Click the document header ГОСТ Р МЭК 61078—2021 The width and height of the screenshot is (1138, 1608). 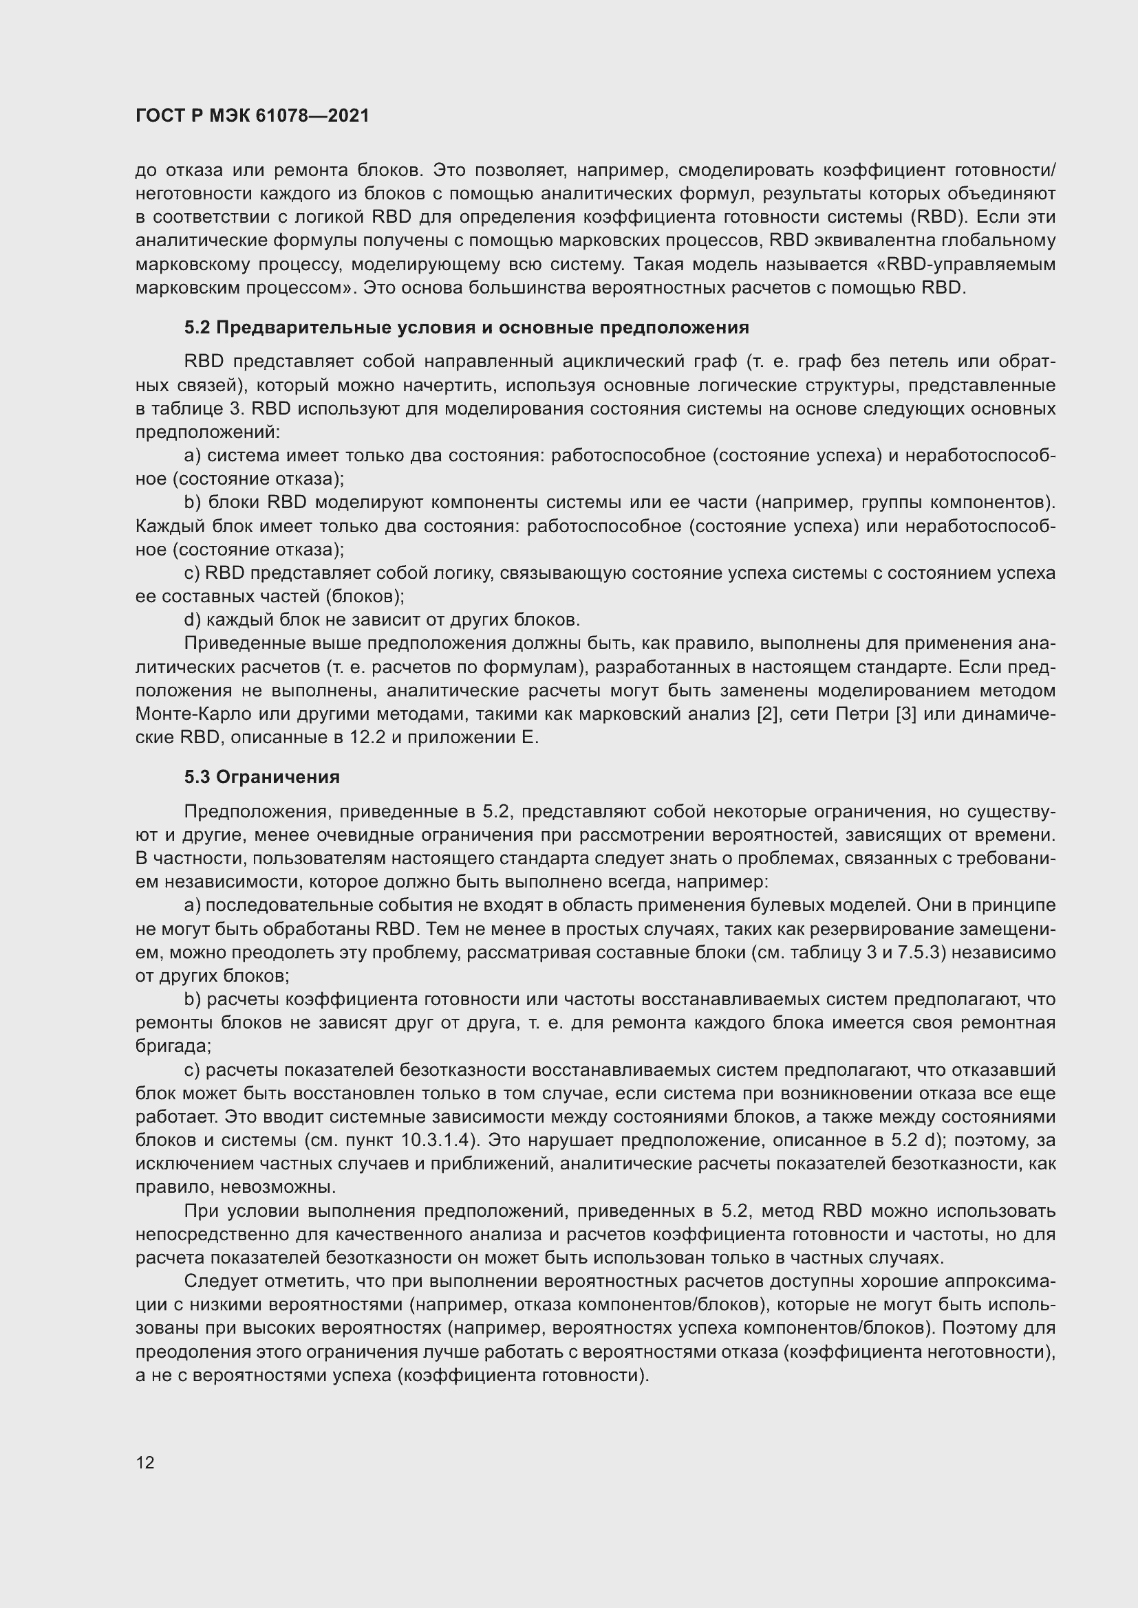[253, 115]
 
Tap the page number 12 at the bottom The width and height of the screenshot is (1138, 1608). [145, 1462]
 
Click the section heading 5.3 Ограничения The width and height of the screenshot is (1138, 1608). [262, 777]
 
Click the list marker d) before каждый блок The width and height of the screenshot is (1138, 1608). [192, 620]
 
